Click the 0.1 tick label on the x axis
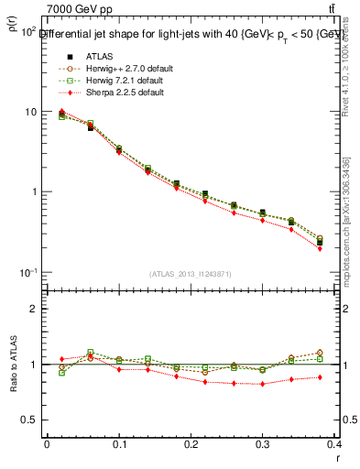click(119, 443)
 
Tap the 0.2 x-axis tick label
click(191, 443)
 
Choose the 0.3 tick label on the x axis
click(264, 443)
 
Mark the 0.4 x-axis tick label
click(335, 443)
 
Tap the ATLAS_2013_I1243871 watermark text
click(191, 275)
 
